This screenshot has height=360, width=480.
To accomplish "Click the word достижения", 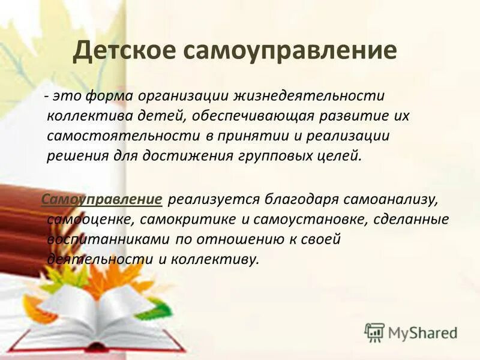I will (x=184, y=155).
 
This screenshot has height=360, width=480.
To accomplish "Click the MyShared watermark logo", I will (x=411, y=332).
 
